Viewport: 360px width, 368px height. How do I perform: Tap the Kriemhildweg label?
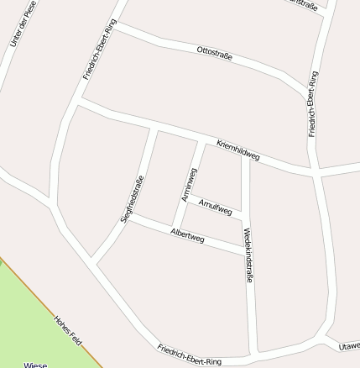click(x=238, y=150)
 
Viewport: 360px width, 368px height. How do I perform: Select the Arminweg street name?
click(x=190, y=184)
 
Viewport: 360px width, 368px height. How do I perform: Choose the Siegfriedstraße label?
click(x=133, y=199)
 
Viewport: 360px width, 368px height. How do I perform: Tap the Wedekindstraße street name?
click(x=248, y=255)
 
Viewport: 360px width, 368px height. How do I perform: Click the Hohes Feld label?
click(x=67, y=330)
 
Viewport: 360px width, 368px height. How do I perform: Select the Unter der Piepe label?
click(x=23, y=24)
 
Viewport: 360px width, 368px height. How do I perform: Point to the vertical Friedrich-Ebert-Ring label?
click(x=313, y=103)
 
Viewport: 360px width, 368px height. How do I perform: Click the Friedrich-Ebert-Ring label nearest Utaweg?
click(x=189, y=355)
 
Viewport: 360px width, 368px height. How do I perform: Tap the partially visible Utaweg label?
click(x=350, y=345)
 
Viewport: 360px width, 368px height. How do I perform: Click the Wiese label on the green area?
click(x=35, y=365)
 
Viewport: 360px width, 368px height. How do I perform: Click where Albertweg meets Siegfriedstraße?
click(x=128, y=218)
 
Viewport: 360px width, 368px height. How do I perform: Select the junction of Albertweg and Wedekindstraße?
click(x=247, y=250)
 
